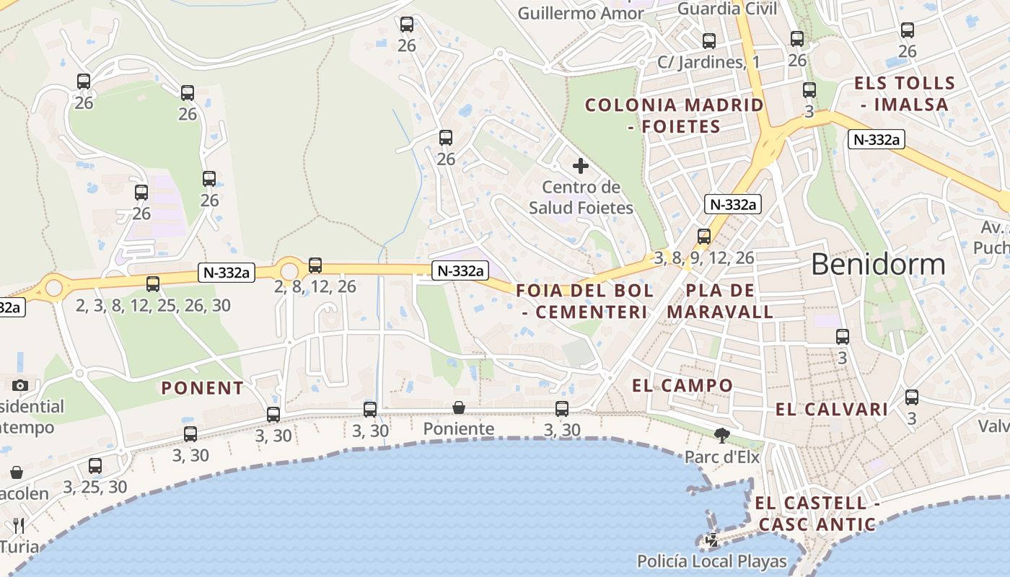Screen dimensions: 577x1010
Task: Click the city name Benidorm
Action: pyautogui.click(x=878, y=265)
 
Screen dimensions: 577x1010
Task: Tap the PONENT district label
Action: pyautogui.click(x=203, y=388)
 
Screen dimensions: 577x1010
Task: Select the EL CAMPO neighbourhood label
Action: pyautogui.click(x=682, y=385)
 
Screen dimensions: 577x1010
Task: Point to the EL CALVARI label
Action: pyautogui.click(x=832, y=410)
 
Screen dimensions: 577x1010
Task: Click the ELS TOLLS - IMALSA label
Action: pyautogui.click(x=904, y=94)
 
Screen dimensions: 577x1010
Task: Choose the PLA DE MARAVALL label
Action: pyautogui.click(x=720, y=301)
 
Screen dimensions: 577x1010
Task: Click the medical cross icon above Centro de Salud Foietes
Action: pyautogui.click(x=581, y=167)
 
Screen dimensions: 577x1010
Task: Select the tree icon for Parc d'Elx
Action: pyautogui.click(x=721, y=435)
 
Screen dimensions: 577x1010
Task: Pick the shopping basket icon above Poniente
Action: pyautogui.click(x=459, y=408)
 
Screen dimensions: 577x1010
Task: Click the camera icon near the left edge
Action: pyautogui.click(x=20, y=385)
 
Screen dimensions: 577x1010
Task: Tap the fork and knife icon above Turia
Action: pyautogui.click(x=19, y=525)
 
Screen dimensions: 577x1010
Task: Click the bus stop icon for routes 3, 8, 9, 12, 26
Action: pyautogui.click(x=704, y=236)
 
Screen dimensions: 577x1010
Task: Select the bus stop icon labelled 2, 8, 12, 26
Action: pyautogui.click(x=315, y=265)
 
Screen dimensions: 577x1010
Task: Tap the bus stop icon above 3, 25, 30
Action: pyautogui.click(x=95, y=466)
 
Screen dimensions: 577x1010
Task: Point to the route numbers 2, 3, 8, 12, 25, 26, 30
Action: pyautogui.click(x=153, y=306)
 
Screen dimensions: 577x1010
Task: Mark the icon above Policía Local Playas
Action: pyautogui.click(x=712, y=539)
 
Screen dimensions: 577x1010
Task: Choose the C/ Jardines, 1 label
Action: pyautogui.click(x=708, y=62)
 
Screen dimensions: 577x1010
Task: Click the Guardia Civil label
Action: pyautogui.click(x=727, y=9)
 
